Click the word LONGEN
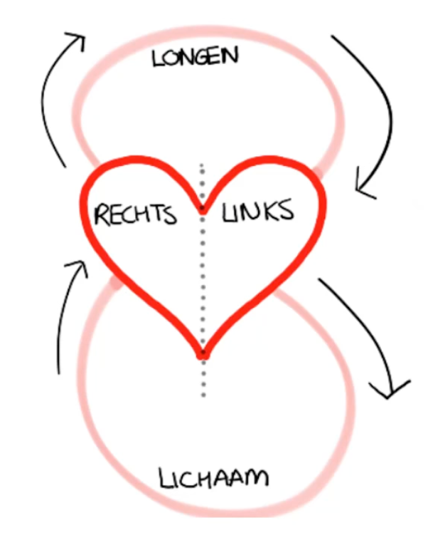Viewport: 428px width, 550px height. [x=196, y=56]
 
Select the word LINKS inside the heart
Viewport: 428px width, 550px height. [x=257, y=212]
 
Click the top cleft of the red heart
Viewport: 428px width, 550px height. [x=203, y=210]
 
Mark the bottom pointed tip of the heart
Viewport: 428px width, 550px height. [x=203, y=353]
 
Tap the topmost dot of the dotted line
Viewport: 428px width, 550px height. [x=203, y=166]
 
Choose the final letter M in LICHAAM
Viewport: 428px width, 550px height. [x=256, y=477]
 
